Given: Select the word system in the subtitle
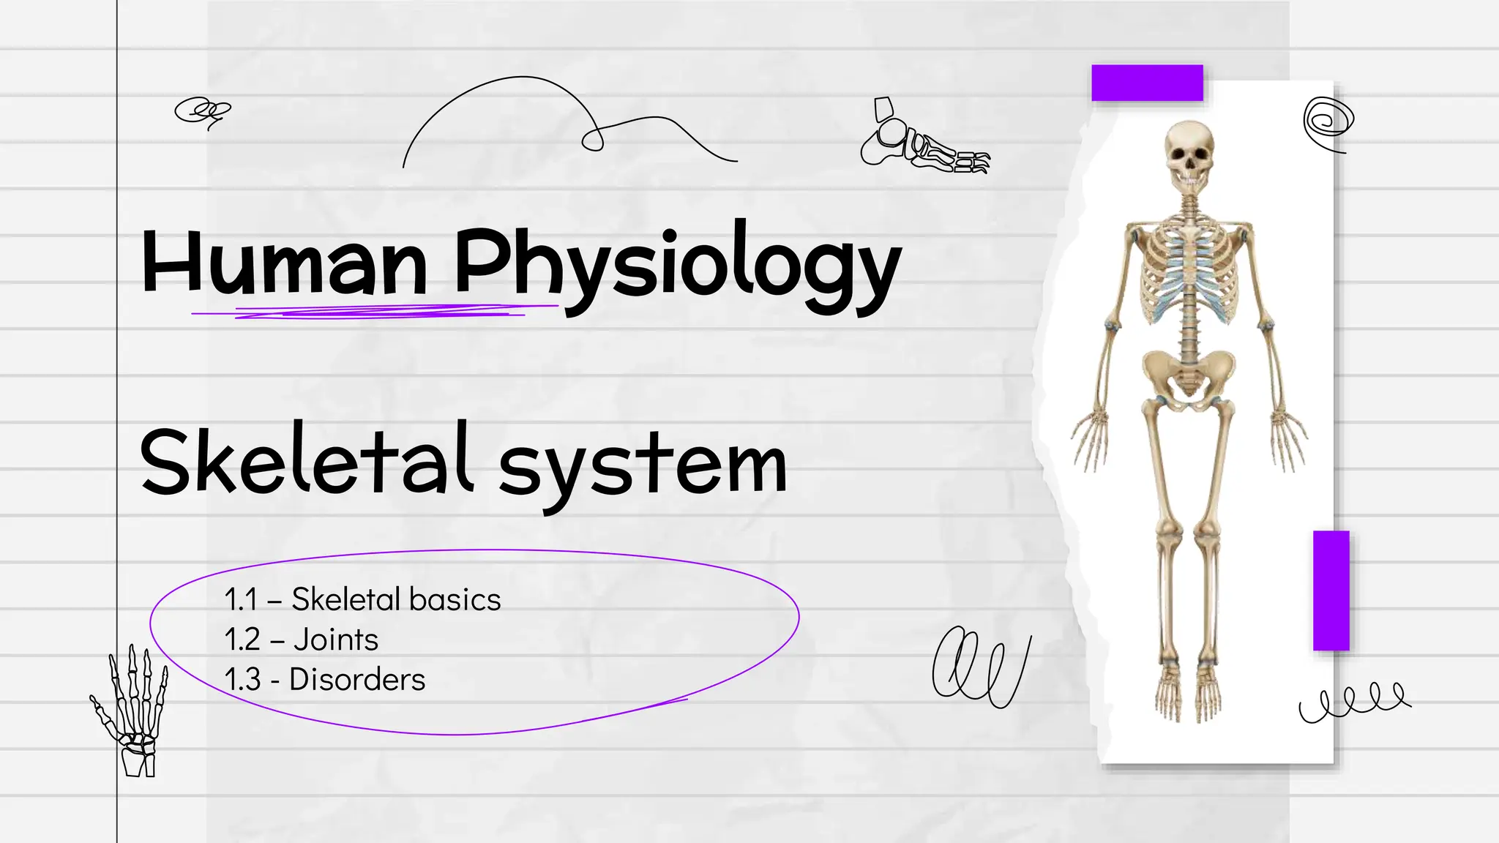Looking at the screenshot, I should [x=643, y=465].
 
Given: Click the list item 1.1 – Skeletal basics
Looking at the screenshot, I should [x=362, y=599].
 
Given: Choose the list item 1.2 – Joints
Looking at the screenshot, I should [x=301, y=640].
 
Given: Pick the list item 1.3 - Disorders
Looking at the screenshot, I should [x=324, y=680].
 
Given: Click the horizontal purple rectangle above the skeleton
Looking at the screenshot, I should [x=1147, y=83].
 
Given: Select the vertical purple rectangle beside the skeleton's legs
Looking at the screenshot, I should [x=1331, y=591].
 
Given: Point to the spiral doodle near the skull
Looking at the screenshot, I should [x=1328, y=122].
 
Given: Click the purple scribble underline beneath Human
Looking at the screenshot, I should [x=373, y=312].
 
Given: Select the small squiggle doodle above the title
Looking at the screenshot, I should [x=201, y=111].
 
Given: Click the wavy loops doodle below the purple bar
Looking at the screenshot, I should [x=1354, y=701].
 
